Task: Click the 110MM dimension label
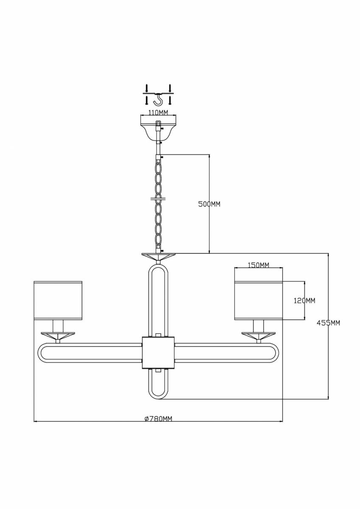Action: tap(158, 112)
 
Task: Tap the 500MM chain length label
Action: tap(209, 204)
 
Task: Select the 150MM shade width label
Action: tap(258, 265)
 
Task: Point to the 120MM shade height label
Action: tap(304, 301)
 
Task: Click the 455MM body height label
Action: tap(329, 323)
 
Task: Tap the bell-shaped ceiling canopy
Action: tap(158, 128)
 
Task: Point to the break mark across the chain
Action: tap(158, 199)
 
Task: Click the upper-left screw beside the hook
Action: tap(147, 88)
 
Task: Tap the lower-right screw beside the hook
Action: tap(169, 100)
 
